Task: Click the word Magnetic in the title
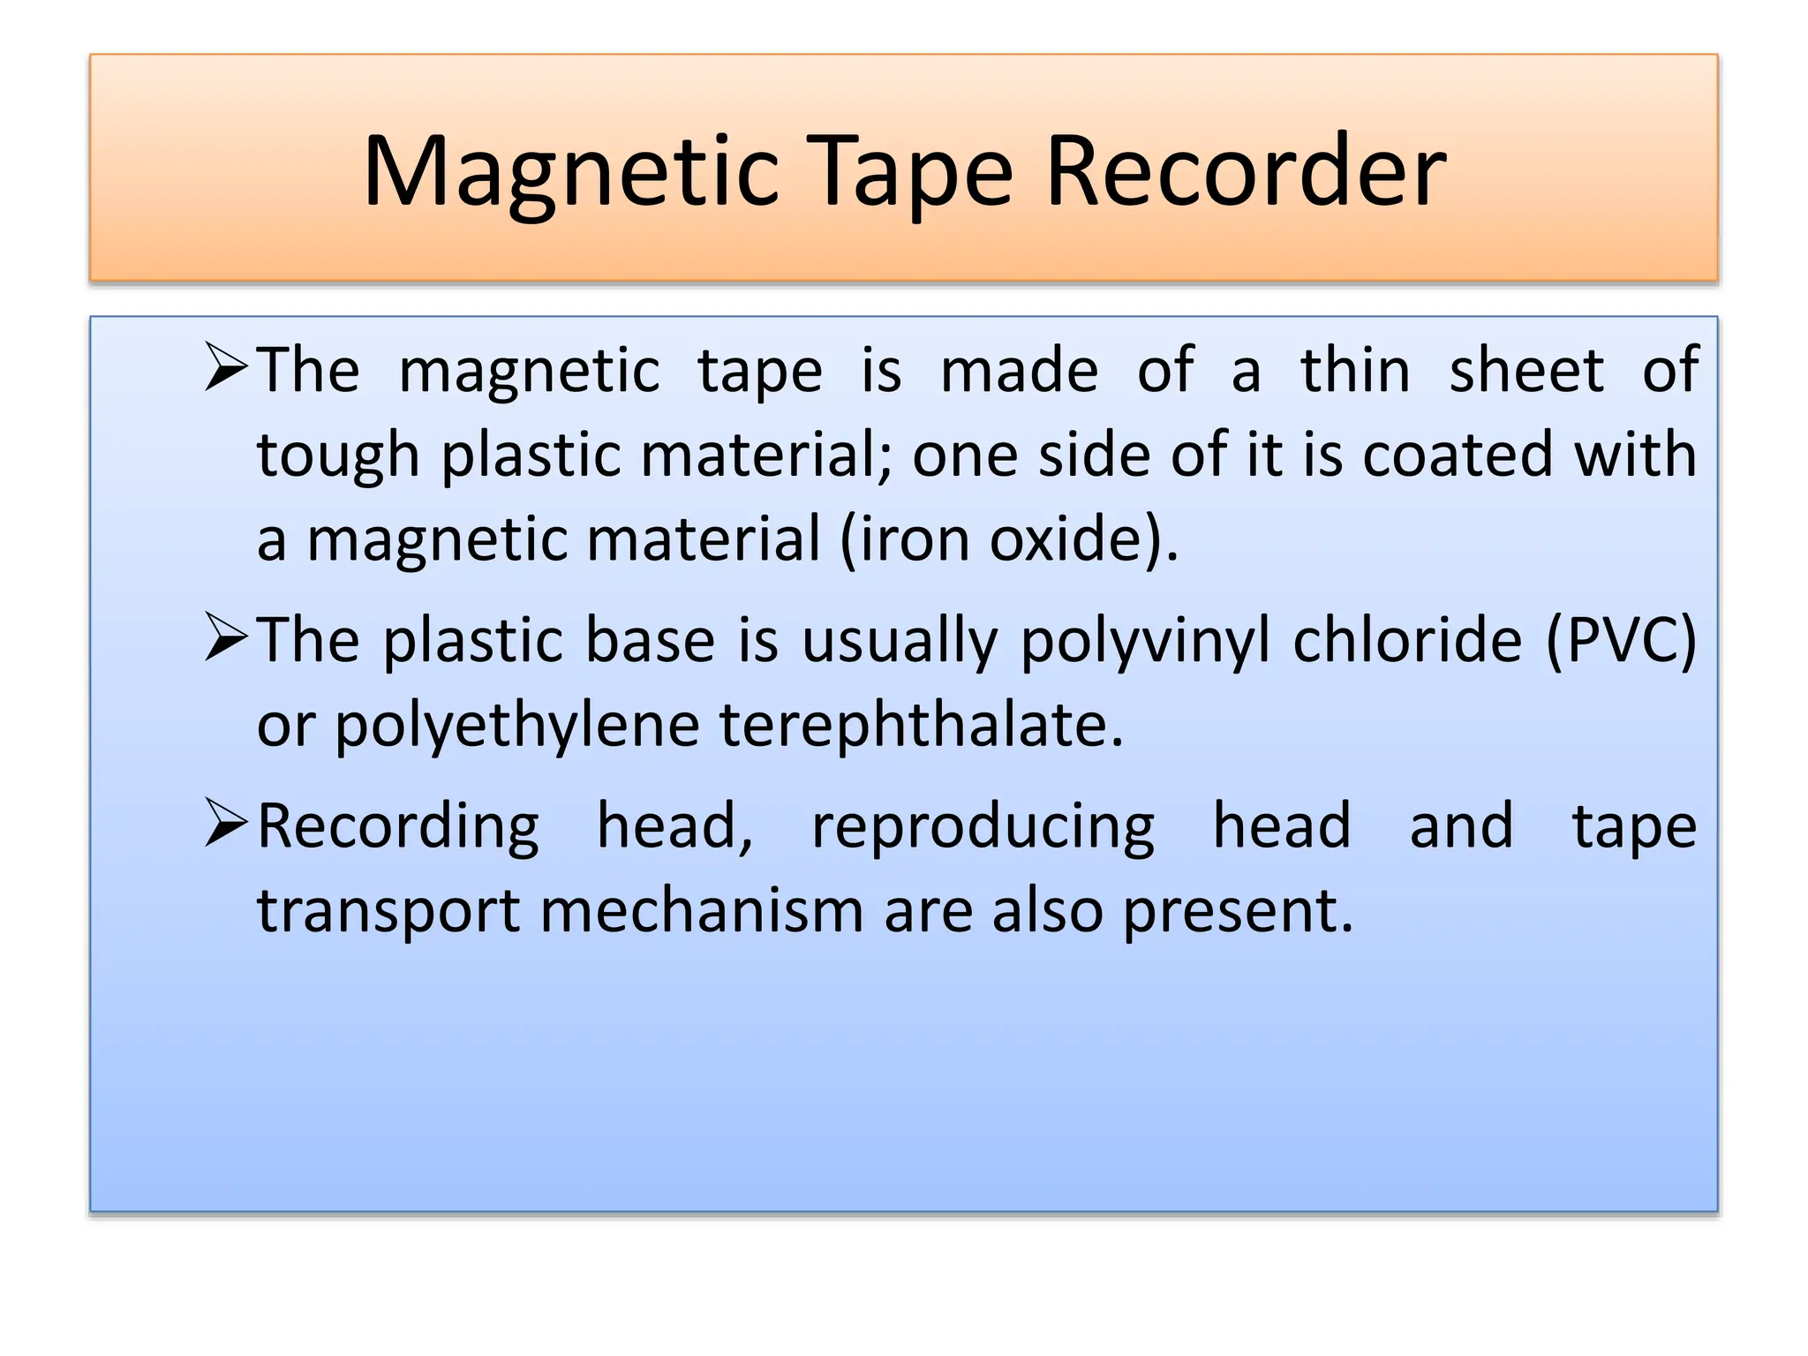click(570, 171)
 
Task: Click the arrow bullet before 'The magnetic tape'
click(225, 367)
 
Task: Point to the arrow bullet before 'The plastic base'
click(225, 637)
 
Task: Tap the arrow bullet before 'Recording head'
click(225, 823)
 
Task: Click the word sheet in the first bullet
click(1526, 371)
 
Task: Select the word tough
click(338, 456)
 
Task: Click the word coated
click(1458, 455)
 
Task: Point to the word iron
click(914, 539)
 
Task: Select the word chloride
click(1407, 640)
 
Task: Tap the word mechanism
click(702, 911)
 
